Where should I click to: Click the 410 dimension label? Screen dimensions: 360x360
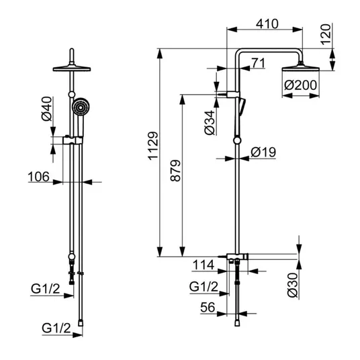click(x=267, y=24)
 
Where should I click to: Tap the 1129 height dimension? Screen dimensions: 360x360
click(x=153, y=146)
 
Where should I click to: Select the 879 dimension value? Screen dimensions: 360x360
click(x=176, y=171)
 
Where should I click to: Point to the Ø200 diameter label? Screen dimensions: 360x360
click(x=300, y=85)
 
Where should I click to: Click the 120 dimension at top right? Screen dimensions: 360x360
click(x=326, y=34)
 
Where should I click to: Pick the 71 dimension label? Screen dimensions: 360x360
click(x=259, y=63)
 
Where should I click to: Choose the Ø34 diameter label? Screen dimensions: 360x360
click(x=210, y=123)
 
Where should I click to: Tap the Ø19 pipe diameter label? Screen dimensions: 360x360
click(x=263, y=152)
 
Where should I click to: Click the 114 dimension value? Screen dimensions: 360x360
click(x=204, y=265)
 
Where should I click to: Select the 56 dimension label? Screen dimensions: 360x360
click(x=208, y=307)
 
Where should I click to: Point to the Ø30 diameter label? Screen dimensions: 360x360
click(x=293, y=285)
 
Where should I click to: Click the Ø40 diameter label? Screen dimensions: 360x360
click(x=47, y=109)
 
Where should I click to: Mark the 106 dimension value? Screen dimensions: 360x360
click(x=38, y=177)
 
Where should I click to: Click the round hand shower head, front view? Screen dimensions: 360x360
click(x=81, y=107)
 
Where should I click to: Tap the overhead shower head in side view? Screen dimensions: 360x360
click(x=300, y=68)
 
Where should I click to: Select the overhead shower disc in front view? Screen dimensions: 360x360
click(x=72, y=69)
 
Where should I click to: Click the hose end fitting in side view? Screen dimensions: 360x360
click(x=237, y=323)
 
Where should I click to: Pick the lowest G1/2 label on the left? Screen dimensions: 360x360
click(x=56, y=328)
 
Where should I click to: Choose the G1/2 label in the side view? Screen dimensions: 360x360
click(x=204, y=287)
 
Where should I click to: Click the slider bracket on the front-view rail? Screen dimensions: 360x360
click(x=73, y=140)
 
